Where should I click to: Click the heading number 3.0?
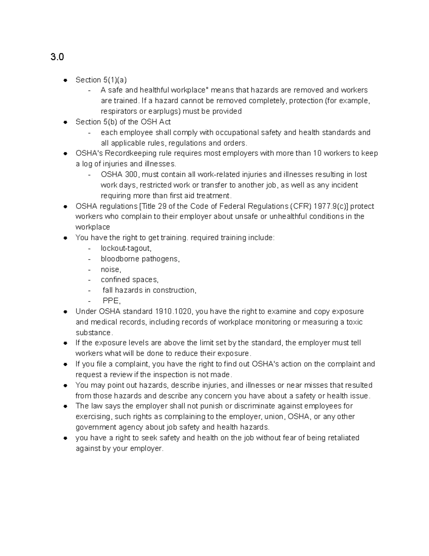pyautogui.click(x=57, y=57)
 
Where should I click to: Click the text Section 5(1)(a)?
pyautogui.click(x=101, y=80)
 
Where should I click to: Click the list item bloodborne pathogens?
pyautogui.click(x=140, y=259)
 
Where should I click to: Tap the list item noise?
pyautogui.click(x=111, y=269)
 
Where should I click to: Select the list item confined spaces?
pyautogui.click(x=129, y=280)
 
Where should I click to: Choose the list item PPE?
pyautogui.click(x=112, y=301)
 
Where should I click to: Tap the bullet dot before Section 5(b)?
pyautogui.click(x=65, y=122)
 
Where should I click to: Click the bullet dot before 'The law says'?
pyautogui.click(x=65, y=406)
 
